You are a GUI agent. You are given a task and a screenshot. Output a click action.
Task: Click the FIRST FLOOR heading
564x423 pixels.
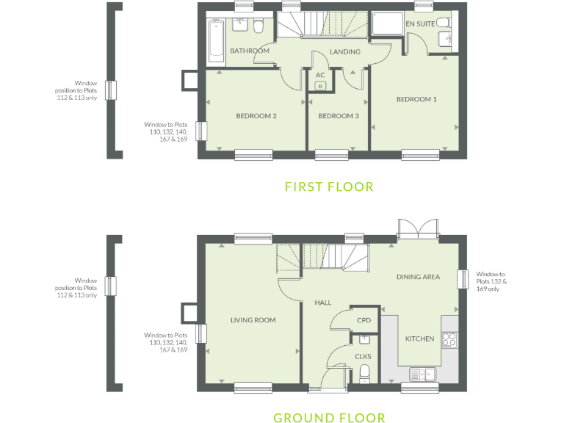329,187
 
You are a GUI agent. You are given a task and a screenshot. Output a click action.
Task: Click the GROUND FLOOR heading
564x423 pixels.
329,418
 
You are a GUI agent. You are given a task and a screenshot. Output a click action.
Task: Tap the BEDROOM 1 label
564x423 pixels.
416,99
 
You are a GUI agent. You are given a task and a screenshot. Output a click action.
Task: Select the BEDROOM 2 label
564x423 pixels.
256,116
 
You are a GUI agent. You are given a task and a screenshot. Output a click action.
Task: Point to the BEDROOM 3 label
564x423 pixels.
338,116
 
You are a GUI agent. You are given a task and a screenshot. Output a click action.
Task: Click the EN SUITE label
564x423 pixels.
420,24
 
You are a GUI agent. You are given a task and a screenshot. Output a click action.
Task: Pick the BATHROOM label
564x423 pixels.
250,51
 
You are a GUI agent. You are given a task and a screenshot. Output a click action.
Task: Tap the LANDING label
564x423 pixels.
344,52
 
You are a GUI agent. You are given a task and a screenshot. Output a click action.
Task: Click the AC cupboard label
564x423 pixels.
320,75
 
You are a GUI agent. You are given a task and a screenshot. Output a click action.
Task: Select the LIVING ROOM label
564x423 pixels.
253,320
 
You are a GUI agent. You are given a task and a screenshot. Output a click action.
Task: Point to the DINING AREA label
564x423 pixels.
418,277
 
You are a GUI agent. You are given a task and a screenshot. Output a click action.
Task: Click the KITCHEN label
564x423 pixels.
420,339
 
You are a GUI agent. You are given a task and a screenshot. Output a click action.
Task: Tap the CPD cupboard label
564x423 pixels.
364,321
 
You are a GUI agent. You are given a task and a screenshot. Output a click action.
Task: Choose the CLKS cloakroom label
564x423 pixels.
364,357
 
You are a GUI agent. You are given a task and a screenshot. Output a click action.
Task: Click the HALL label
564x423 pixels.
323,303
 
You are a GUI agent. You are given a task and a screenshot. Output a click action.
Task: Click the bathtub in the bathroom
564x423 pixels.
215,40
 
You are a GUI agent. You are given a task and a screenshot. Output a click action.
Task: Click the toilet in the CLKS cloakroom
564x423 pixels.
364,376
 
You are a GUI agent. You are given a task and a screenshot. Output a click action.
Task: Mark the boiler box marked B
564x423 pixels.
320,86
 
